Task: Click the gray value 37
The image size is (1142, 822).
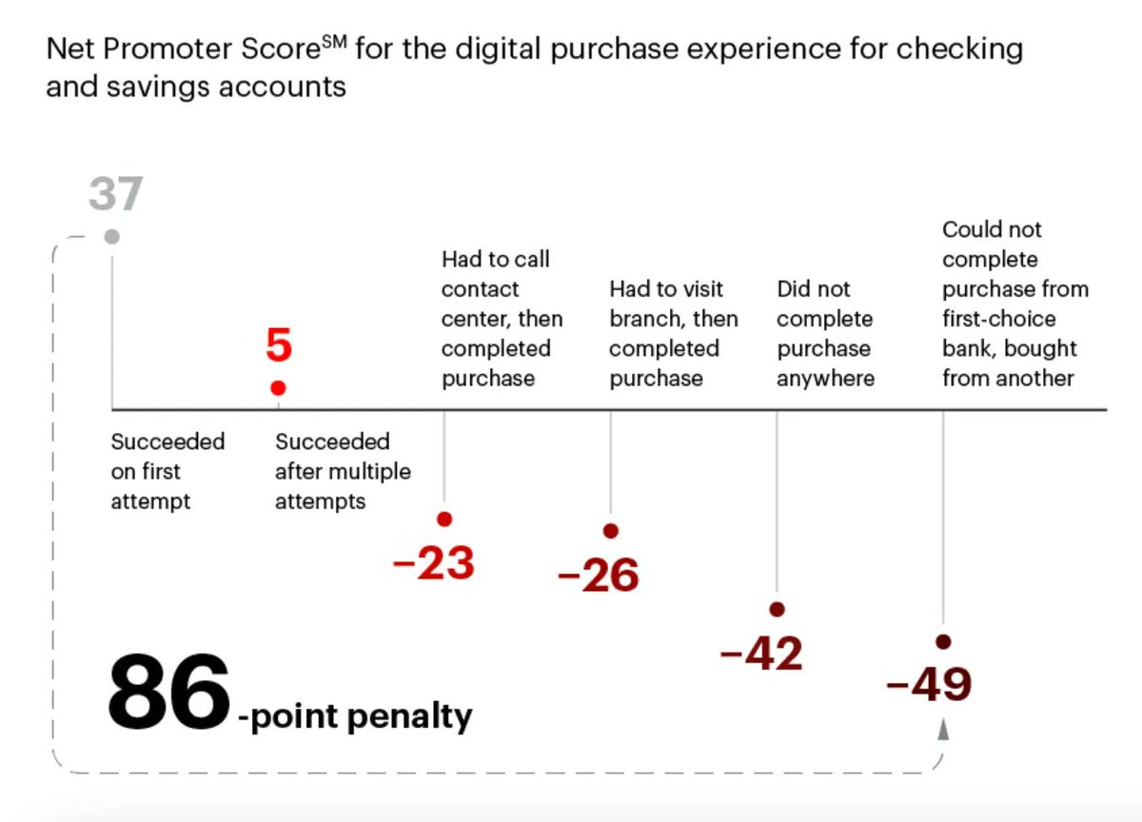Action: click(115, 194)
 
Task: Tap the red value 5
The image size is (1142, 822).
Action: click(278, 346)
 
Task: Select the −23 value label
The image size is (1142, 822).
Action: click(434, 564)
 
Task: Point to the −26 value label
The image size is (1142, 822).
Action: click(599, 577)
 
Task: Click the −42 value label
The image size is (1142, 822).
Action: click(762, 655)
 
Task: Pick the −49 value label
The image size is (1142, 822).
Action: click(928, 684)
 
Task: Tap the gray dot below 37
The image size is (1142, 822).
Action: click(112, 237)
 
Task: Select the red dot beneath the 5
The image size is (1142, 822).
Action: click(278, 388)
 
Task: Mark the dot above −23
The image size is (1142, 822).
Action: click(444, 519)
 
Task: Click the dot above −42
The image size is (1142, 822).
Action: click(777, 609)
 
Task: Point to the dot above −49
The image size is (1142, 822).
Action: click(943, 641)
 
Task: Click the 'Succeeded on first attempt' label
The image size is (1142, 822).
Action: click(167, 472)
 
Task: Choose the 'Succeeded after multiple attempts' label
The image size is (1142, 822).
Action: click(343, 472)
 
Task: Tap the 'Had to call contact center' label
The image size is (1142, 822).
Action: click(502, 319)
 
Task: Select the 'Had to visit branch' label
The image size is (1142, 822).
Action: click(673, 333)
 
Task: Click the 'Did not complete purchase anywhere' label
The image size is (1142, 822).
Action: click(825, 333)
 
